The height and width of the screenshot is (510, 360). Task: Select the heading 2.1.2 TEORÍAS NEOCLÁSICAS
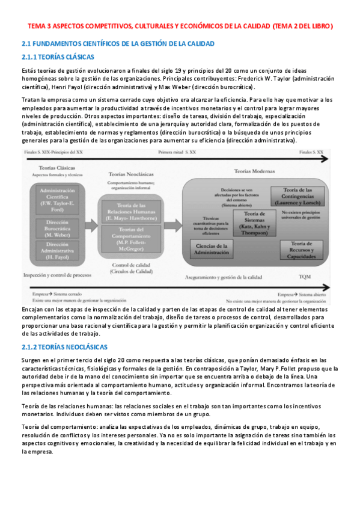coord(64,347)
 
